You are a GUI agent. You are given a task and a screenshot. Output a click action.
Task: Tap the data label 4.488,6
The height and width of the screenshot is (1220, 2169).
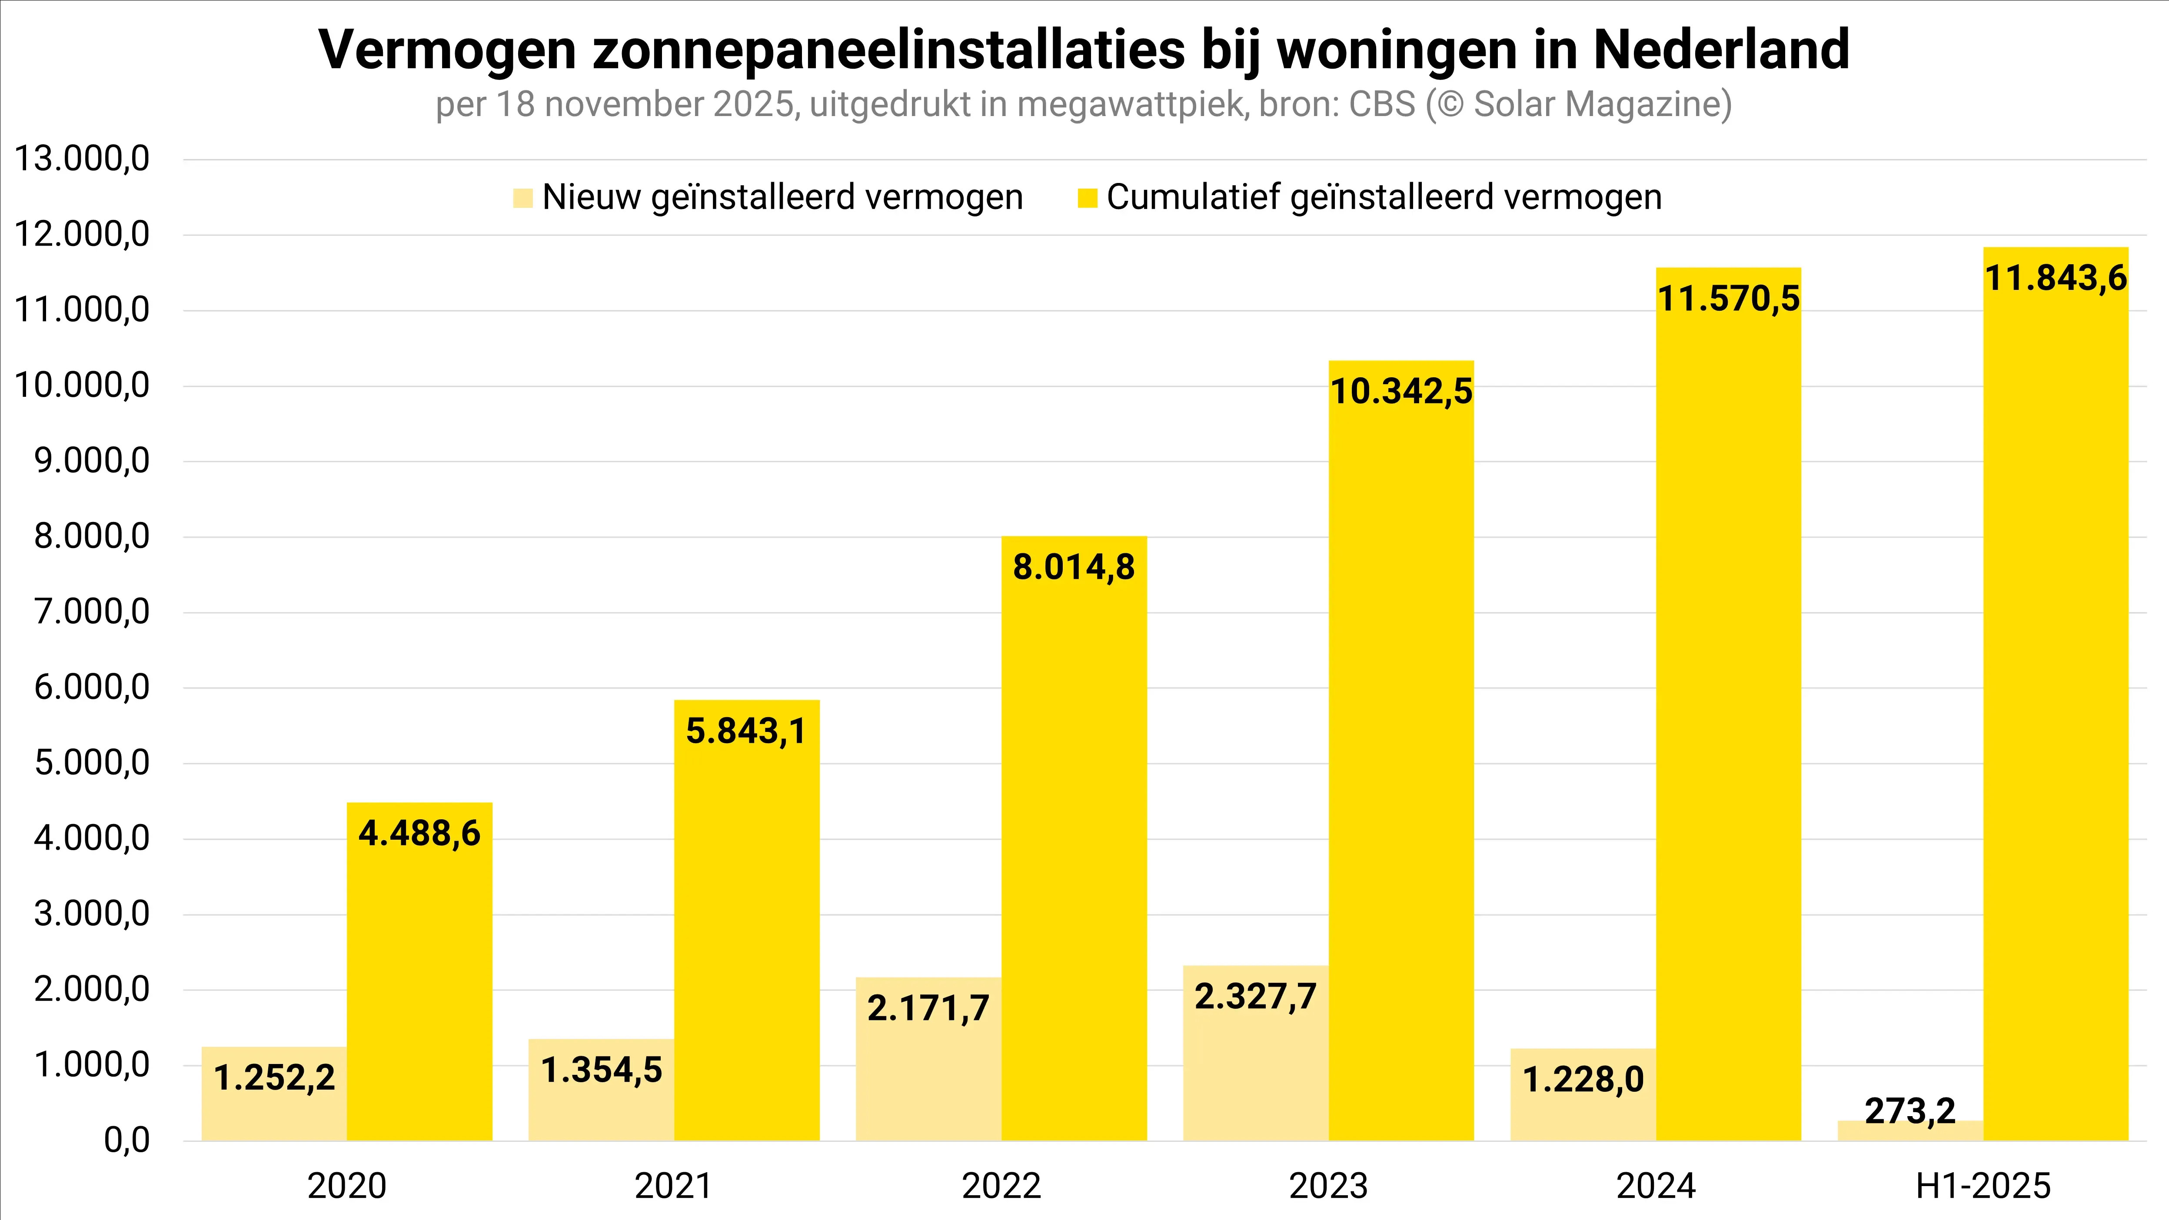(419, 834)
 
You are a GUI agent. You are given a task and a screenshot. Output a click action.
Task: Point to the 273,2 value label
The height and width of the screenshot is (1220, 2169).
(1910, 1111)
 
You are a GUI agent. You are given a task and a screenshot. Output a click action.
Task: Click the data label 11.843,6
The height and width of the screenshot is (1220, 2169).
(2055, 278)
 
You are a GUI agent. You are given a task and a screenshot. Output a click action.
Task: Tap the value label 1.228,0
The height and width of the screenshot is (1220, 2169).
(1583, 1079)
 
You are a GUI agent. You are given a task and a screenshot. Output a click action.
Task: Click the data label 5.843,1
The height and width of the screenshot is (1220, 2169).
(746, 731)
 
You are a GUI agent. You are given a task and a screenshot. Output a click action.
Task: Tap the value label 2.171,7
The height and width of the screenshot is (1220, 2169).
(928, 1008)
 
